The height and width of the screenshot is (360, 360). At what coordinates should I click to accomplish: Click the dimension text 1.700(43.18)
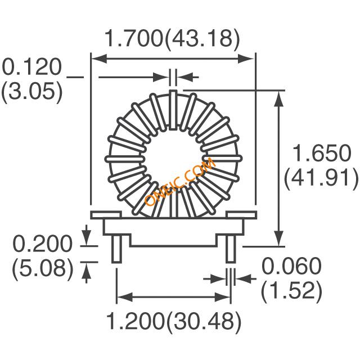[x=172, y=39]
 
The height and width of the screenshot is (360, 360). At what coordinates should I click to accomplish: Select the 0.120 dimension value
[x=32, y=67]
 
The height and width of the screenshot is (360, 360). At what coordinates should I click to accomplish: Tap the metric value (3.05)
[x=32, y=91]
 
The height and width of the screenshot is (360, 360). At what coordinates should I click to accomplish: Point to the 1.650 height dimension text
[x=321, y=153]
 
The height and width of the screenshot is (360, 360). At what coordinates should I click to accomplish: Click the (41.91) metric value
[x=321, y=178]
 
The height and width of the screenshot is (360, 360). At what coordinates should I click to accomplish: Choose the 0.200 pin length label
[x=42, y=244]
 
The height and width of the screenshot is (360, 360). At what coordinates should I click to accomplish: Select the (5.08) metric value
[x=43, y=268]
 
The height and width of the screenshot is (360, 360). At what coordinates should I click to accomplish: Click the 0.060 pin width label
[x=291, y=266]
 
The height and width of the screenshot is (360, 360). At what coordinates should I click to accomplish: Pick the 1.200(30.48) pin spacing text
[x=174, y=322]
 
